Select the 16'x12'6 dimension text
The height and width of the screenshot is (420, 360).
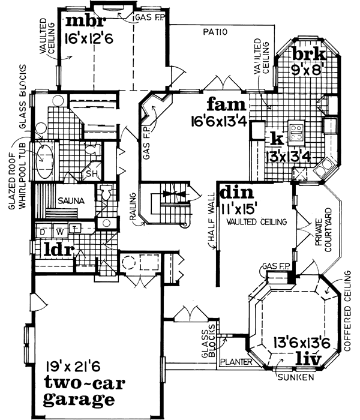point(90,41)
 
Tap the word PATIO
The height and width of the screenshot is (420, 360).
point(214,32)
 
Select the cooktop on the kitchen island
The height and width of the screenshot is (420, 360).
point(296,131)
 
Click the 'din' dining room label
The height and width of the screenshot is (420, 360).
point(233,193)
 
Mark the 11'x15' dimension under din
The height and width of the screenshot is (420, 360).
point(238,210)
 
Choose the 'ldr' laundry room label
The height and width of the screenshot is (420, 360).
point(57,248)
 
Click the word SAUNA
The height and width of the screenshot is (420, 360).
point(70,200)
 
